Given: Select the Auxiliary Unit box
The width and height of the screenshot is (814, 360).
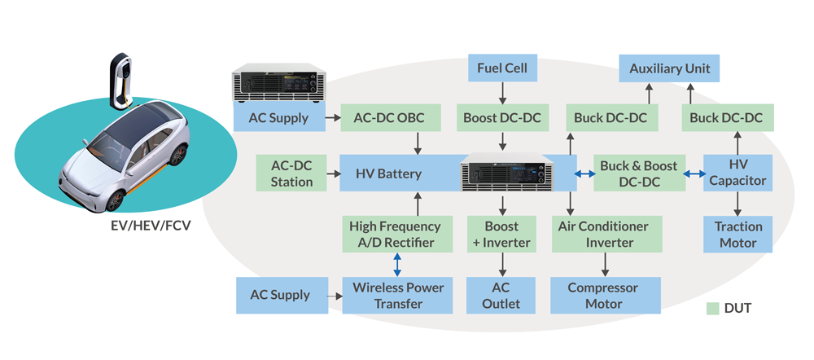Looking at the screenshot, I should pyautogui.click(x=669, y=68).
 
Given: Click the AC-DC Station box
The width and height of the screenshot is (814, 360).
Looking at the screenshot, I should pyautogui.click(x=291, y=173).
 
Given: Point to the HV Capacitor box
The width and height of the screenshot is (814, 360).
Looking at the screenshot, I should pyautogui.click(x=738, y=173).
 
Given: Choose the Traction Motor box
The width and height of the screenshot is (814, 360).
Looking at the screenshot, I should pyautogui.click(x=738, y=234).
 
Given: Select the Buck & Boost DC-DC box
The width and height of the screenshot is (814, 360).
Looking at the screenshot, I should pyautogui.click(x=638, y=173).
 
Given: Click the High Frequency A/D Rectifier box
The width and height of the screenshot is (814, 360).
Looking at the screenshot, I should pyautogui.click(x=394, y=234).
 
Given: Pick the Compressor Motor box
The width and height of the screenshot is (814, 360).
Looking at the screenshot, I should pyautogui.click(x=605, y=295).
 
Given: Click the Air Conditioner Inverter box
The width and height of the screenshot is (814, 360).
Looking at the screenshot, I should pyautogui.click(x=605, y=234).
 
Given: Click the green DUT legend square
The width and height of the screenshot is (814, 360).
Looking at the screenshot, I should pyautogui.click(x=713, y=309).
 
